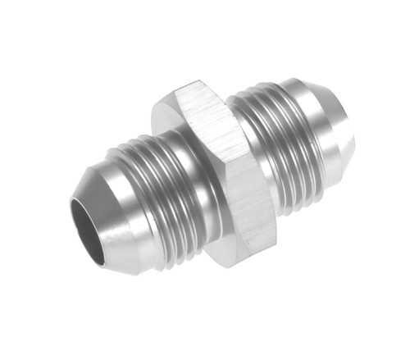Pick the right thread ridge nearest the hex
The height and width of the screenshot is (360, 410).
(246, 123)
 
